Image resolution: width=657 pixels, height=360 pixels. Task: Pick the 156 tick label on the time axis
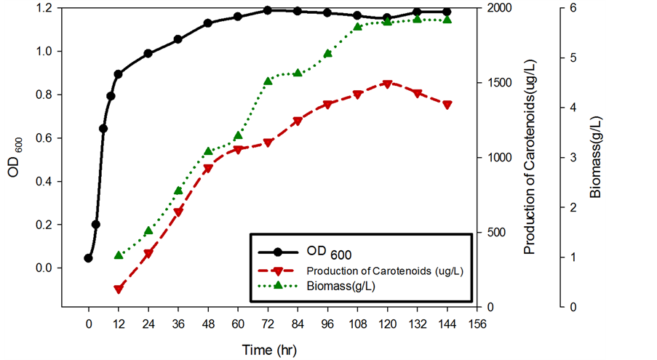coord(477,324)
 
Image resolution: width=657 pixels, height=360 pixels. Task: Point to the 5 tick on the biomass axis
coord(574,57)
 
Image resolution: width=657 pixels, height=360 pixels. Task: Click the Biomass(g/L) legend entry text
coord(346,286)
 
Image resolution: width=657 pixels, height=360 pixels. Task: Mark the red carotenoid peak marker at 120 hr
coord(387,84)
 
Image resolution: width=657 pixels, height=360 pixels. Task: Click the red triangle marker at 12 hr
coord(119,289)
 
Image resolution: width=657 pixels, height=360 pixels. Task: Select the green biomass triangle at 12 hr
coord(119,255)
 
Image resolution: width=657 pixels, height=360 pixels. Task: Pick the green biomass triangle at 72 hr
coord(268,81)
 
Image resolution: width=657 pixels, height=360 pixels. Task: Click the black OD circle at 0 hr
coord(89,258)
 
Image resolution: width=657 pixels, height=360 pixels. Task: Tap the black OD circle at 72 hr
coord(268,10)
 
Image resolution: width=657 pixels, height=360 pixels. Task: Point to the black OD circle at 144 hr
coord(447,12)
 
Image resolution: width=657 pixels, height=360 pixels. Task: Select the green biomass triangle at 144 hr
coord(447,20)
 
